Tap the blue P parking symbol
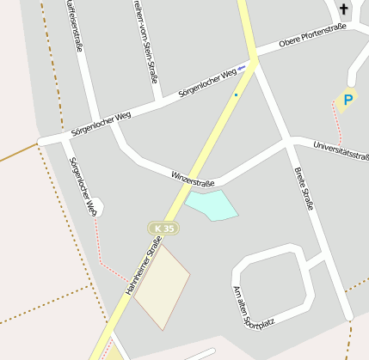coord(347,101)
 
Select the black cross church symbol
coord(344,10)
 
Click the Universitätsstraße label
coord(341,152)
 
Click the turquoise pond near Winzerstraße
coord(212,205)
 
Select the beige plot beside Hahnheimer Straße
coord(162,288)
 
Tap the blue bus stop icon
coord(242,67)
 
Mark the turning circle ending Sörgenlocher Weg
coord(96,206)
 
